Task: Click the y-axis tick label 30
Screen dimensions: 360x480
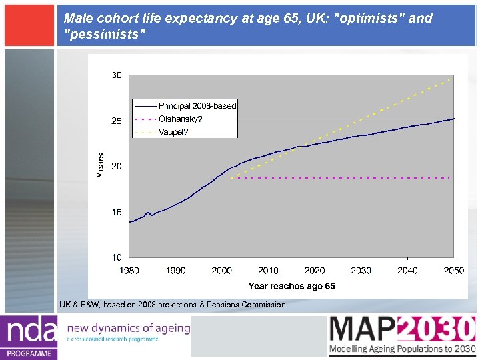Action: pos(116,75)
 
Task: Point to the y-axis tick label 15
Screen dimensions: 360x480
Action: pos(116,212)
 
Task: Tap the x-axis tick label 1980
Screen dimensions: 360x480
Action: pos(129,270)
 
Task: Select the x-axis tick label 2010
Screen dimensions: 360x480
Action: pos(268,270)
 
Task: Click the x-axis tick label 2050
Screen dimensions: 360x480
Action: pos(453,270)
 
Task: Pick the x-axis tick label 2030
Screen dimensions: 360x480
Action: pos(361,270)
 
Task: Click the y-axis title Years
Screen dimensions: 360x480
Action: pos(101,165)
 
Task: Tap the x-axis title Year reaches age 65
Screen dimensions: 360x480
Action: pos(291,286)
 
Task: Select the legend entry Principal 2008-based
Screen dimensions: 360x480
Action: pos(197,106)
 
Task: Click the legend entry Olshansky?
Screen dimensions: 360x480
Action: pos(180,119)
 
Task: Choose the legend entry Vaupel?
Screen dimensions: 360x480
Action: pos(173,132)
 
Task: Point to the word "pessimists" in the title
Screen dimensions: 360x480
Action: pos(103,33)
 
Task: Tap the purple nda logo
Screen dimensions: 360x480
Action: pos(28,337)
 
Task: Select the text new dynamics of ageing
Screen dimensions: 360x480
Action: pos(129,327)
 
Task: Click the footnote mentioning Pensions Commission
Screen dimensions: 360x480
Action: pos(172,305)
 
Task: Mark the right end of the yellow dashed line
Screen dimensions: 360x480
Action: pos(451,79)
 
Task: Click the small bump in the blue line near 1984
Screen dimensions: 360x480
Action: pos(147,213)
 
